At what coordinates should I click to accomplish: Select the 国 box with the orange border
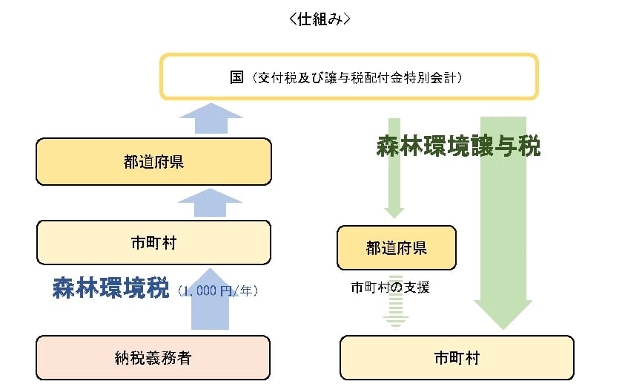coord(348,77)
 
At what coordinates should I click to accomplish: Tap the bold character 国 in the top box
coord(237,77)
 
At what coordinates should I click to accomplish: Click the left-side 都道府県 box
coord(153,162)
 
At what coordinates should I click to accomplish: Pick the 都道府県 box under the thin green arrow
coord(396,247)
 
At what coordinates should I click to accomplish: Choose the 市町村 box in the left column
coord(153,242)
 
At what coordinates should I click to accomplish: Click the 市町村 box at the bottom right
coord(457,357)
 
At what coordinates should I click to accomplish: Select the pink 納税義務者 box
coord(153,357)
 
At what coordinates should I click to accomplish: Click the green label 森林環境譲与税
coord(458,146)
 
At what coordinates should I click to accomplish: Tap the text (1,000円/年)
coord(218,291)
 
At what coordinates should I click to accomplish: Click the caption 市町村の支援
coord(391,287)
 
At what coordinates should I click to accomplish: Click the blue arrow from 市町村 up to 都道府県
coord(211,202)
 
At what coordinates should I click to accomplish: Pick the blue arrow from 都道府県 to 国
coord(211,119)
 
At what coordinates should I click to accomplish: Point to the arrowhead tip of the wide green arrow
coord(503,327)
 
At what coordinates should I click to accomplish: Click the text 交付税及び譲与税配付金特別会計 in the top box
coord(357,77)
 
